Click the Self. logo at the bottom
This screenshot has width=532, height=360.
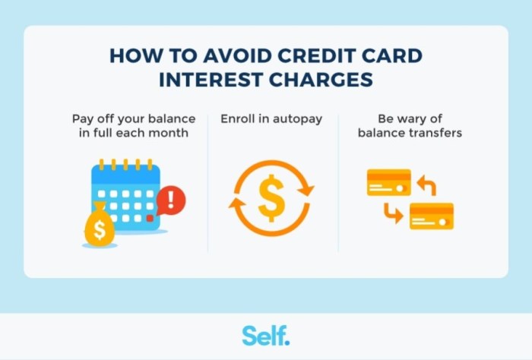265,335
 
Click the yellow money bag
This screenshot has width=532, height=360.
100,226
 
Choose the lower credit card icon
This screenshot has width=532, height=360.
431,216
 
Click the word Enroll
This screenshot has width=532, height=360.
237,119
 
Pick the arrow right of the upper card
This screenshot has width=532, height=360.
427,184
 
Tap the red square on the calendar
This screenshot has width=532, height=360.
150,219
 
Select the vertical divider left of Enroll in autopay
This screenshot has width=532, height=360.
207,182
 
